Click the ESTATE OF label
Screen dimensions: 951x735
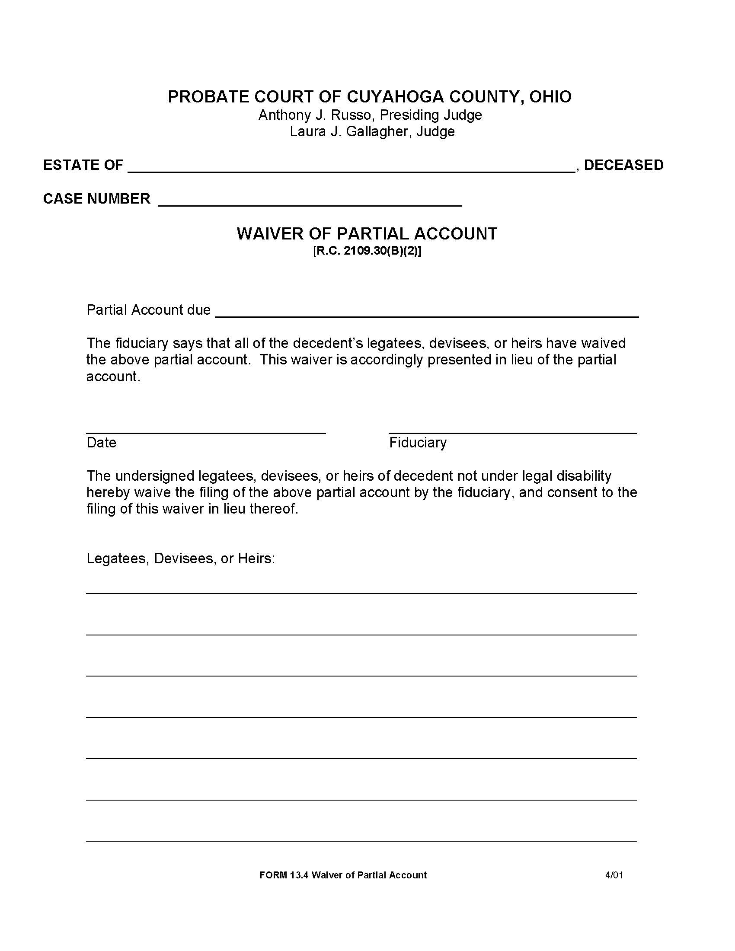tap(83, 165)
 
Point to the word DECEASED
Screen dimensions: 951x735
tap(623, 165)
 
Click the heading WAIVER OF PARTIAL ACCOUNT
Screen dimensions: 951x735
tap(367, 234)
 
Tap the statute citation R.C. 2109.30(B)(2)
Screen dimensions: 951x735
tap(367, 251)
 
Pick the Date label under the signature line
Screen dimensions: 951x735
tap(101, 442)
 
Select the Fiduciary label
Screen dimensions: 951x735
tap(418, 442)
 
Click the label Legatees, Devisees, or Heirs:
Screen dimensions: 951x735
tap(181, 558)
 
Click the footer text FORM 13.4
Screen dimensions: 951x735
tap(284, 875)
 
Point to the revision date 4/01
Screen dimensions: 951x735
tap(614, 875)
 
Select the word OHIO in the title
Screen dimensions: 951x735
tap(550, 97)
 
